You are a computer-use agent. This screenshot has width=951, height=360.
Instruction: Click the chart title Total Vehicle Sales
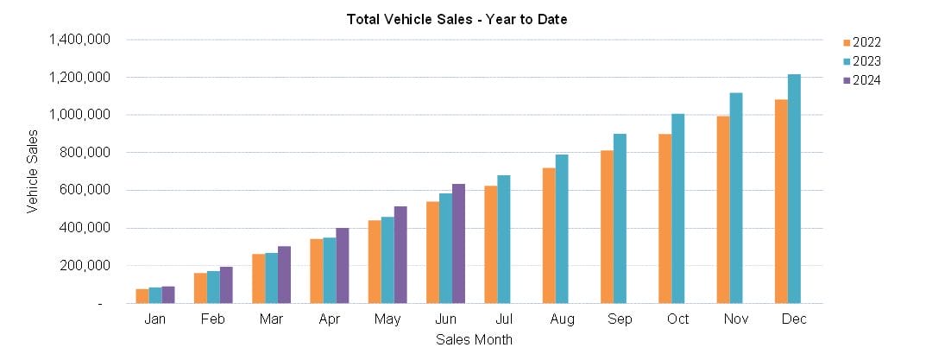pyautogui.click(x=457, y=19)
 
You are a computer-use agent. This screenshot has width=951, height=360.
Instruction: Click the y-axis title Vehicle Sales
pyautogui.click(x=32, y=171)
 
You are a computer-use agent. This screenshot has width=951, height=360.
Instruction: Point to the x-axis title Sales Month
pyautogui.click(x=474, y=339)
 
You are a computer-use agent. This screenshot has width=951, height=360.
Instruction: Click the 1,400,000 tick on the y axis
pyautogui.click(x=79, y=40)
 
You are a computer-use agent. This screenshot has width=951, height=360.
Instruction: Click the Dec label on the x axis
pyautogui.click(x=793, y=319)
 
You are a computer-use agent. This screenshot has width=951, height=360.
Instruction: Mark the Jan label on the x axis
pyautogui.click(x=154, y=319)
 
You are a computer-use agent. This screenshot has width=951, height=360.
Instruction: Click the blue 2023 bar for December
pyautogui.click(x=794, y=189)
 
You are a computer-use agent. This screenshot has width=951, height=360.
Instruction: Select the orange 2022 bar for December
pyautogui.click(x=781, y=202)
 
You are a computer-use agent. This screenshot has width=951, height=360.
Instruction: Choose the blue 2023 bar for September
pyautogui.click(x=620, y=219)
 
